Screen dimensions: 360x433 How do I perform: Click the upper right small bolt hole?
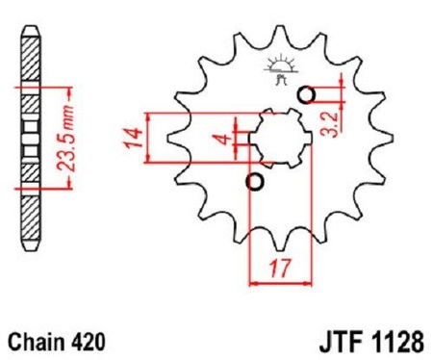click(307, 95)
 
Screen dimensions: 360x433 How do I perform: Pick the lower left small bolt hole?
click(255, 182)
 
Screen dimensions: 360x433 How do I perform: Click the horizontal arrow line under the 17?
click(282, 283)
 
